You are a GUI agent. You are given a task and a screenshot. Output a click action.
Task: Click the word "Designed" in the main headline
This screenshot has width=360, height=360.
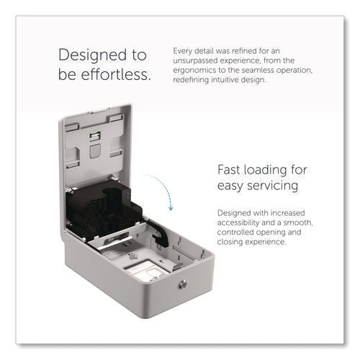93,55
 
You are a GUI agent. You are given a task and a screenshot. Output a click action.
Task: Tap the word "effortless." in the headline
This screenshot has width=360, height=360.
116,74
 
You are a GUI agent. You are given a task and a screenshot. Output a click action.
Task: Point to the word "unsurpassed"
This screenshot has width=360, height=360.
194,60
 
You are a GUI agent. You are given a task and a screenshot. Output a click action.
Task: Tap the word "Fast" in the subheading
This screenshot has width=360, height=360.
229,170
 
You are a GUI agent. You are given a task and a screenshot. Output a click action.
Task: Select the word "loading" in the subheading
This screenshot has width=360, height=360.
266,171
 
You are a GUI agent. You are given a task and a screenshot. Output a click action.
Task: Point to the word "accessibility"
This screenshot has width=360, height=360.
238,222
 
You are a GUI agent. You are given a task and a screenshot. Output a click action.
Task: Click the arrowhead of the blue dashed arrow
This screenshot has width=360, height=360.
171,208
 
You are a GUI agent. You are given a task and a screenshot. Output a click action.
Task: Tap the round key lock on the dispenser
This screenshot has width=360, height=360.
183,284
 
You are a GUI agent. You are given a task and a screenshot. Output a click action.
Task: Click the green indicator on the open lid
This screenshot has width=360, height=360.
95,135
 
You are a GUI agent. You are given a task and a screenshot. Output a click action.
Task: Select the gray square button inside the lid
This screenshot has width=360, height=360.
95,151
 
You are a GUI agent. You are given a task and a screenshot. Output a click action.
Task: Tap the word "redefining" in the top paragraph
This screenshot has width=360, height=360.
191,80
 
